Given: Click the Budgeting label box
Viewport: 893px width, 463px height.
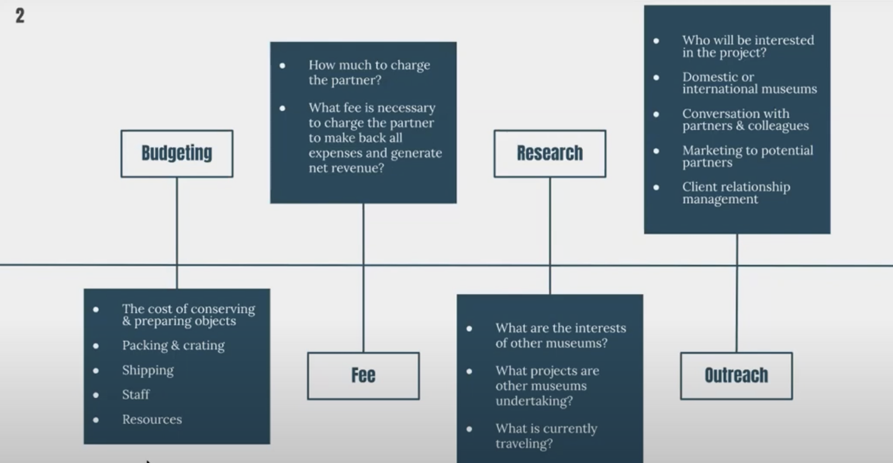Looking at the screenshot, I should [177, 154].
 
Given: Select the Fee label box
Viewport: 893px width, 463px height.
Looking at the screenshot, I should [363, 375].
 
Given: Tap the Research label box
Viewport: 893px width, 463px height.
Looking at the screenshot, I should [549, 154].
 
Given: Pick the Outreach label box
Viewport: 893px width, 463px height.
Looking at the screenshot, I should [736, 375].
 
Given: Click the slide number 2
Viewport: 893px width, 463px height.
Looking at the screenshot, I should [20, 16].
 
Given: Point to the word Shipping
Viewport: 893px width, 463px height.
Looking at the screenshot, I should [148, 370].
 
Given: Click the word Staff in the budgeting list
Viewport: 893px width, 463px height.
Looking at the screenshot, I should [136, 395].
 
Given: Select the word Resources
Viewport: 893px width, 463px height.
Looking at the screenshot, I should [152, 419].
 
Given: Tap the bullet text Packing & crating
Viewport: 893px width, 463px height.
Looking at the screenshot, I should [173, 345].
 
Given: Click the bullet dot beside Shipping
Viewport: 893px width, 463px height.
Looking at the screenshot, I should [96, 371].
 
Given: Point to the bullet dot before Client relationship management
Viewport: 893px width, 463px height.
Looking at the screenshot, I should [656, 187].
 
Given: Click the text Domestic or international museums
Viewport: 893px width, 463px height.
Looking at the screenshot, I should [749, 83].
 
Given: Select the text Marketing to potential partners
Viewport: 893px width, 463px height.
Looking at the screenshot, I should [748, 156].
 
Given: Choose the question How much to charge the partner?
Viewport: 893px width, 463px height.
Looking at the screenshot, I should [369, 72].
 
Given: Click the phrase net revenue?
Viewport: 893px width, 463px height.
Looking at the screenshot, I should [346, 168].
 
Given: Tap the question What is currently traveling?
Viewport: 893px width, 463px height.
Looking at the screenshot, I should [546, 436].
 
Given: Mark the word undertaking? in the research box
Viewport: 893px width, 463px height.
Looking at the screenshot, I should [534, 401].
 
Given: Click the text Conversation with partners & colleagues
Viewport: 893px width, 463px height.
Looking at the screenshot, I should [745, 120].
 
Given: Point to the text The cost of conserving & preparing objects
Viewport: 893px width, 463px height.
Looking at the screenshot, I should [189, 315].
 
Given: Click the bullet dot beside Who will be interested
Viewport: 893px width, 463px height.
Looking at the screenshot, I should [656, 41].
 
